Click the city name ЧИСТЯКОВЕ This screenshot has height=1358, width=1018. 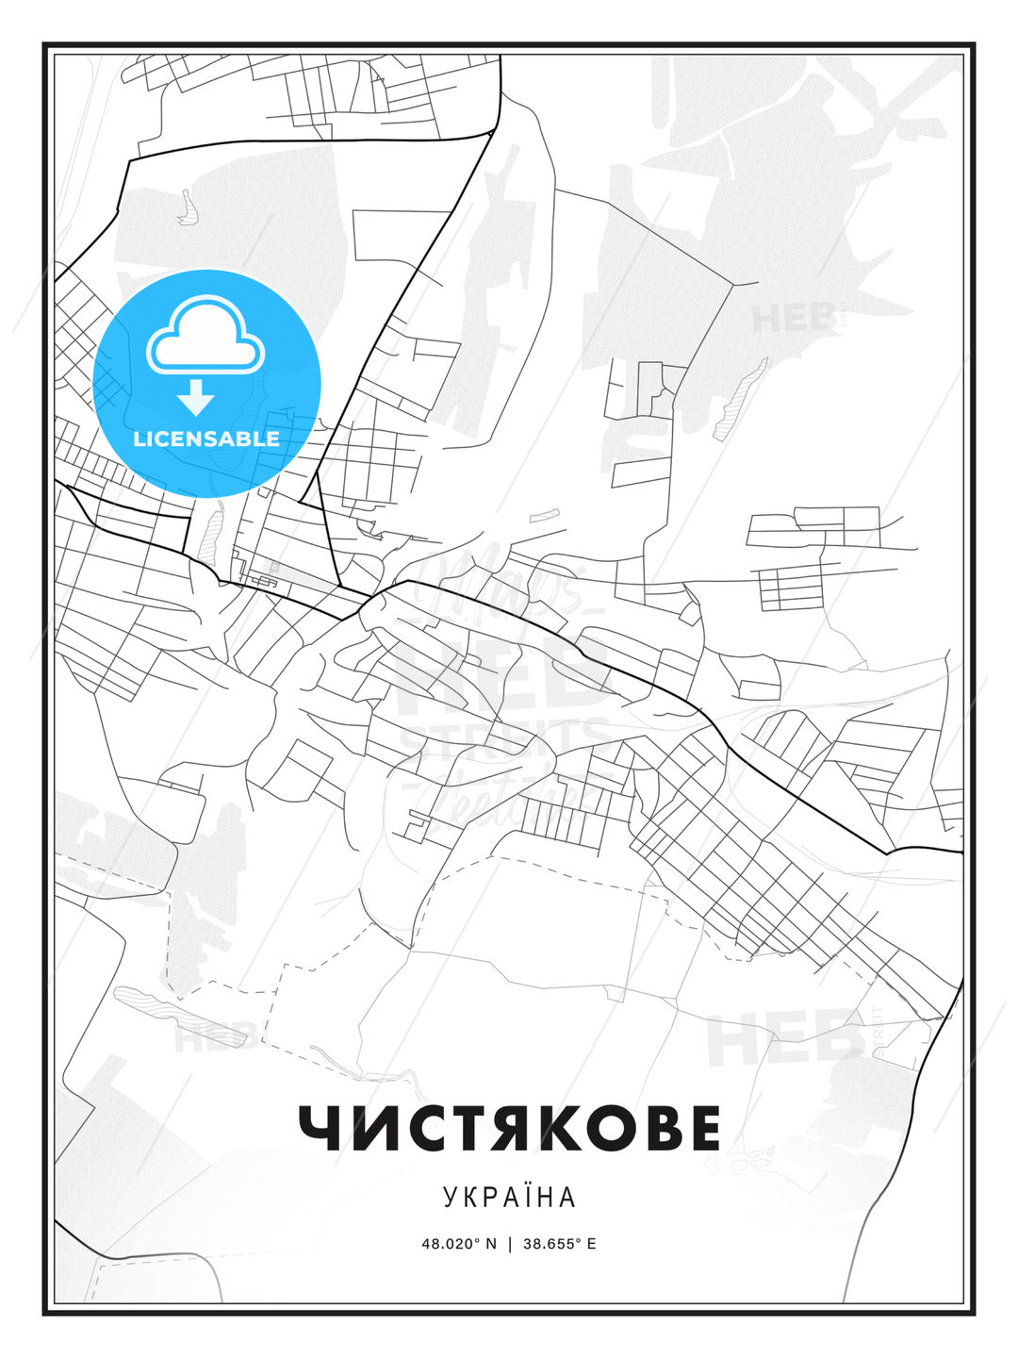(509, 1128)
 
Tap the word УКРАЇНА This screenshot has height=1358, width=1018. (509, 1197)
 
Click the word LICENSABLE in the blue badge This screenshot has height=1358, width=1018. (206, 439)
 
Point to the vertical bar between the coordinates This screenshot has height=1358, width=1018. (510, 1244)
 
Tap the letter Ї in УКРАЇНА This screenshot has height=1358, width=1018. (527, 1197)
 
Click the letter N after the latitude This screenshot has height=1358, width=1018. (490, 1244)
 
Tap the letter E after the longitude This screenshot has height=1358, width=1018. (591, 1244)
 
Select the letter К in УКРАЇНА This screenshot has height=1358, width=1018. (470, 1197)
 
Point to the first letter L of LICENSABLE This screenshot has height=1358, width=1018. (139, 439)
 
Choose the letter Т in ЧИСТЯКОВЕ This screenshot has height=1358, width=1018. (466, 1128)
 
